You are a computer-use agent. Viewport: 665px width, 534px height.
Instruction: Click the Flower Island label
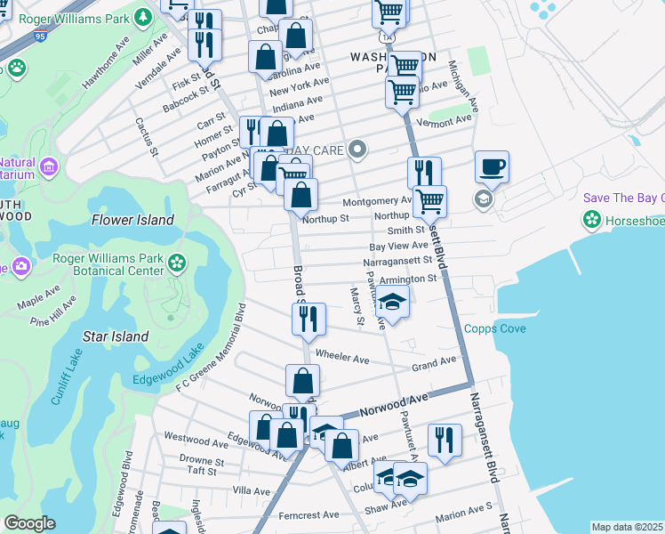(132, 220)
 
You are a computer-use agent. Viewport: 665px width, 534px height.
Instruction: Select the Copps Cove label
(495, 328)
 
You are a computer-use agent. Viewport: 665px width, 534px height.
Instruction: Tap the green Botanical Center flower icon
(178, 263)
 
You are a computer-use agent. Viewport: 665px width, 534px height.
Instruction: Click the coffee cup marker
(492, 166)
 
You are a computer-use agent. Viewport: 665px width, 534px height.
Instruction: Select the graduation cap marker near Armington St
(392, 303)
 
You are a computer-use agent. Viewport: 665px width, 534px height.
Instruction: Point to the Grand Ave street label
(433, 363)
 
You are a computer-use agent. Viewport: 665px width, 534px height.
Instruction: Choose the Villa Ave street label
(251, 490)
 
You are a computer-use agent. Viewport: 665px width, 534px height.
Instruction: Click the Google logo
(29, 523)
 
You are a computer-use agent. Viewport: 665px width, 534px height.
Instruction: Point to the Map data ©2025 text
(627, 527)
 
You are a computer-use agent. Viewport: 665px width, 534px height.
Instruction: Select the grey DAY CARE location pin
(357, 150)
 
